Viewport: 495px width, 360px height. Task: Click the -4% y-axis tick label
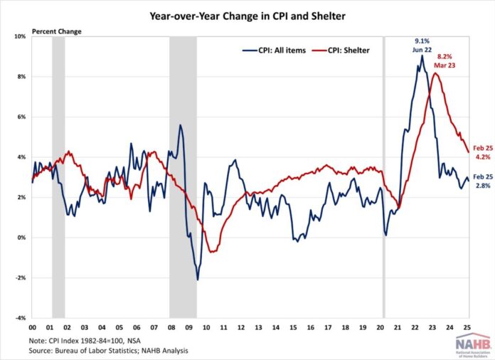pos(20,317)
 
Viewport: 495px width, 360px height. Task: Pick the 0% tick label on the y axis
pos(21,238)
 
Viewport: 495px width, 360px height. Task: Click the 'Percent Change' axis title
pos(55,31)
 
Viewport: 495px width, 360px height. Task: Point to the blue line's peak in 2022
pos(422,55)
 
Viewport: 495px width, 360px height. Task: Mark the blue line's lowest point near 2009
pos(197,280)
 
